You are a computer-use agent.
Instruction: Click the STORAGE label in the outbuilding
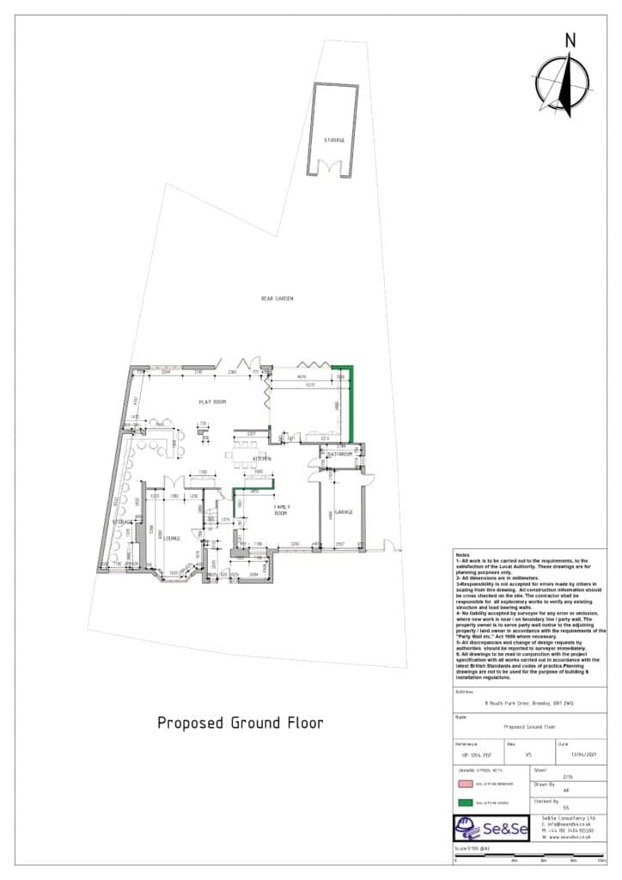pyautogui.click(x=334, y=139)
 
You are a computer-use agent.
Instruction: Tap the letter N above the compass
pyautogui.click(x=570, y=40)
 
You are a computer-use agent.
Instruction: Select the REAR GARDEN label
pyautogui.click(x=277, y=298)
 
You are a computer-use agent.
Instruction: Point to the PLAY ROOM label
pyautogui.click(x=211, y=401)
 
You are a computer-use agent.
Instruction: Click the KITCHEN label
pyautogui.click(x=261, y=460)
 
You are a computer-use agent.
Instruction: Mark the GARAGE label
pyautogui.click(x=345, y=512)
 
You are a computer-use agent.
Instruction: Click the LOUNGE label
pyautogui.click(x=173, y=539)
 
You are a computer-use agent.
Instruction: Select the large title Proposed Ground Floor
pyautogui.click(x=241, y=723)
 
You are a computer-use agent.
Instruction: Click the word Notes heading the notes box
pyautogui.click(x=463, y=556)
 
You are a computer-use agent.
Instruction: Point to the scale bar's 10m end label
pyautogui.click(x=601, y=859)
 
